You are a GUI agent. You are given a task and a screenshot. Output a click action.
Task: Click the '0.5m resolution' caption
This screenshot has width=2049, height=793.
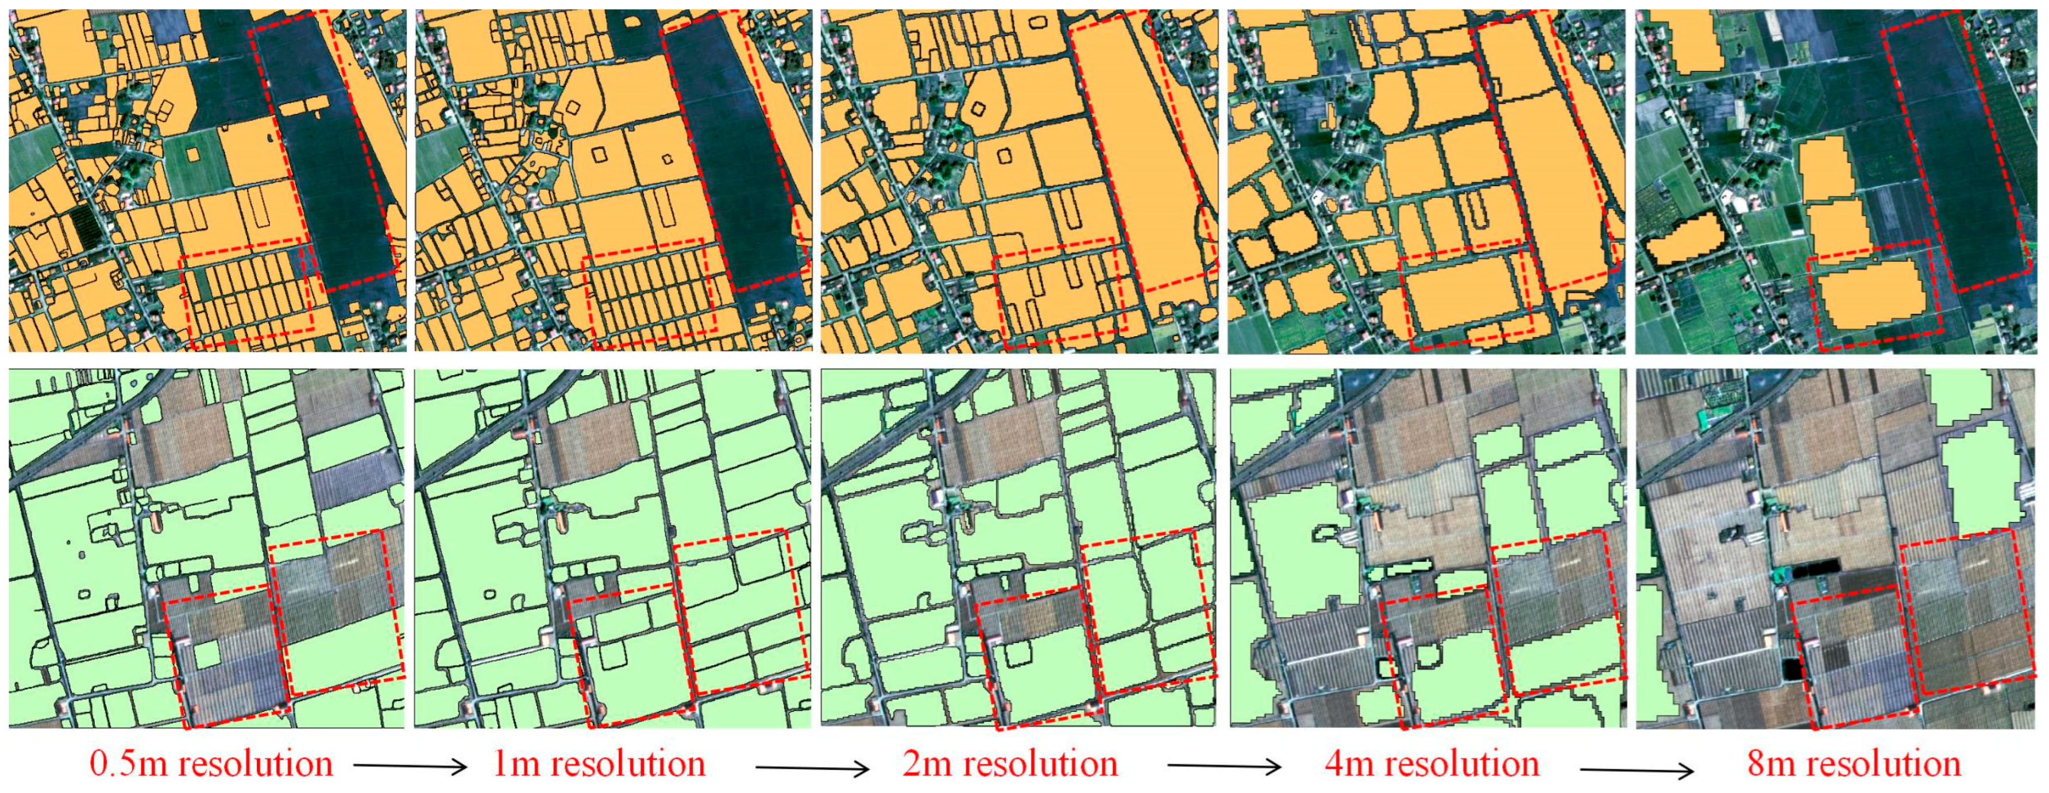[211, 764]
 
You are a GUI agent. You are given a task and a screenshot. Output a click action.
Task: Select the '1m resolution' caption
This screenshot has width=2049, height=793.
[598, 764]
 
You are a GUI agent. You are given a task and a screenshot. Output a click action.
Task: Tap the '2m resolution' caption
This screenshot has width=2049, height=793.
[1009, 764]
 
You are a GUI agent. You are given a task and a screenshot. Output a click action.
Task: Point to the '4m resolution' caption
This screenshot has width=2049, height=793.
[1431, 764]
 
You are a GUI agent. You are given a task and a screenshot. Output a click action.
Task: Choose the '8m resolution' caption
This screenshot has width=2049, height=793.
[1853, 764]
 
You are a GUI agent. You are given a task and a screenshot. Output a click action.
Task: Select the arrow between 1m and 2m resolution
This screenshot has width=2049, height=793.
[812, 768]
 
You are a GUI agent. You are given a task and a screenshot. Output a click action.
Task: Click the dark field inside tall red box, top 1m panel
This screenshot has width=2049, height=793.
[732, 159]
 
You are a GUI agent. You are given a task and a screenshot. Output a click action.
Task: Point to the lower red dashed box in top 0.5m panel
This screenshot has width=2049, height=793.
[246, 294]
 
